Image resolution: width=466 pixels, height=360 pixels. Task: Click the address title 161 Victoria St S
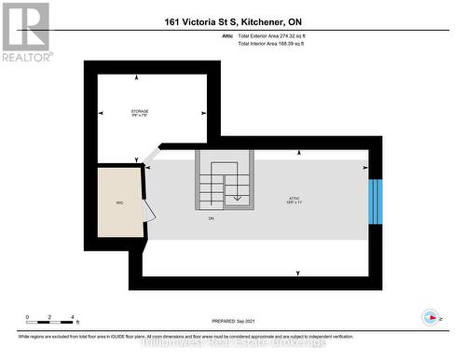pos(232,21)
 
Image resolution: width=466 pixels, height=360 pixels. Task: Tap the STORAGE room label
pos(140,112)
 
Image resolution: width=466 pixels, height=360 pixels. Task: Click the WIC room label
pos(118,201)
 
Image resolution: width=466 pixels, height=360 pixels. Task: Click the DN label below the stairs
pos(212,218)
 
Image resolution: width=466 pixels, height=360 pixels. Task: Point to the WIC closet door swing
pos(147,209)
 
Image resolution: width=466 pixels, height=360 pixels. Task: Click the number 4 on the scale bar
pos(73,317)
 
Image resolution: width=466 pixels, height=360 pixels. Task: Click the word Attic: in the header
pos(228,35)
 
